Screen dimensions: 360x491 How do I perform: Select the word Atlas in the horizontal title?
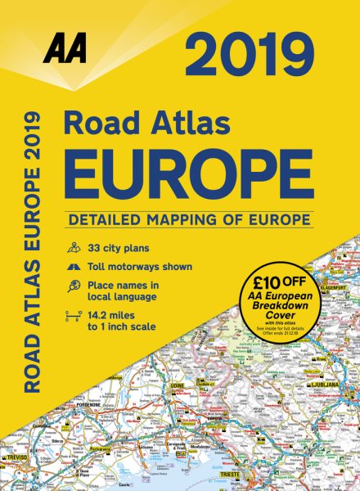[213, 125]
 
